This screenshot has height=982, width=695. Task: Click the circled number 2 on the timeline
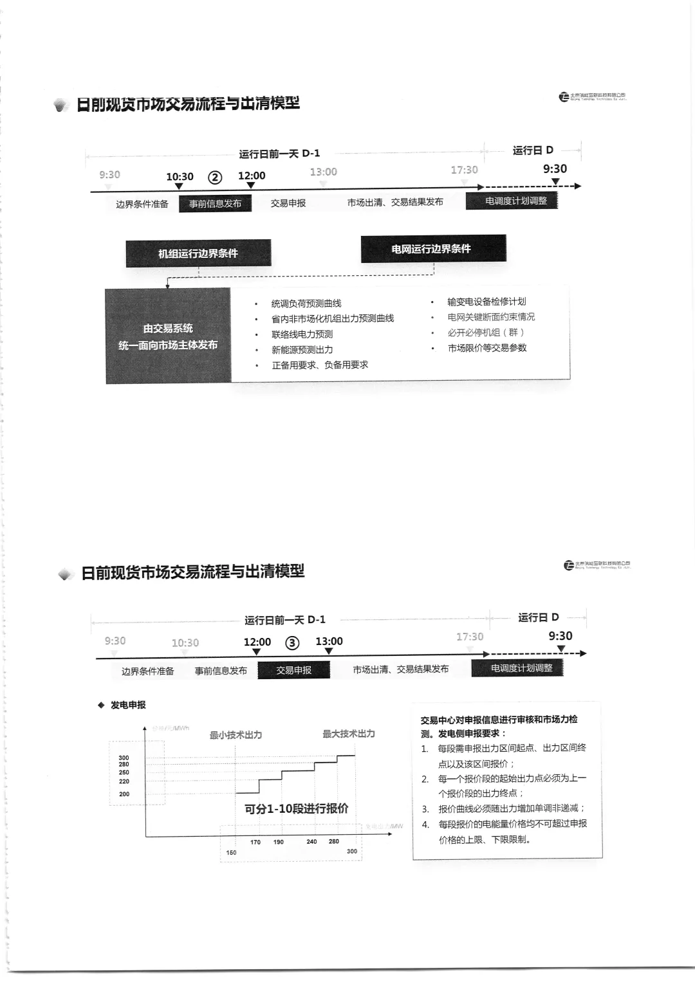point(215,177)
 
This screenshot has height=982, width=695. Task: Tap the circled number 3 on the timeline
point(293,643)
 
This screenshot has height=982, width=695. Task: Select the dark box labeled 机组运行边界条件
point(198,253)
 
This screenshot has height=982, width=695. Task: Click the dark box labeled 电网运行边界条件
point(433,249)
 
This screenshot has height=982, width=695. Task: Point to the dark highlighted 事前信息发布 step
point(215,204)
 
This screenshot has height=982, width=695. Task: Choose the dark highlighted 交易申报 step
point(293,670)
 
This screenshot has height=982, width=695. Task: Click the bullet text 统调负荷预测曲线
point(306,304)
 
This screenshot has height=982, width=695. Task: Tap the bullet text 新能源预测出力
point(302,350)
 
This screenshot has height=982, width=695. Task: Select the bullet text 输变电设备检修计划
point(486,302)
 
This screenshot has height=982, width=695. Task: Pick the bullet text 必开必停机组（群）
point(486,332)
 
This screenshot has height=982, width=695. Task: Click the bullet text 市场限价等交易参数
point(487,348)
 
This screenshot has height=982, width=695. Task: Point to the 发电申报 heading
point(128,705)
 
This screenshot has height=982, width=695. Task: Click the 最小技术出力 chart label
point(236,735)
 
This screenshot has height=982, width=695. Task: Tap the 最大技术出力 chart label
point(349,734)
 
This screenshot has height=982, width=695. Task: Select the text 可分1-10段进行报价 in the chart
point(297,809)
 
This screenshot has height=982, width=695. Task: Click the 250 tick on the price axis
point(124,772)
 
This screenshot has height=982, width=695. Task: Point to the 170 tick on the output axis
point(255,842)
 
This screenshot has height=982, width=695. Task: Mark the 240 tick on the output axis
point(311,841)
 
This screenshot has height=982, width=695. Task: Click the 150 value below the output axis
point(231,853)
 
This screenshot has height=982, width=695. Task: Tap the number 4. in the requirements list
point(425,824)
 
